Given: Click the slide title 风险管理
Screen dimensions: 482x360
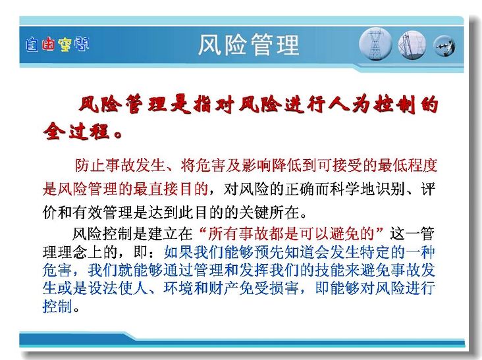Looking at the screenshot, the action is tap(248, 45).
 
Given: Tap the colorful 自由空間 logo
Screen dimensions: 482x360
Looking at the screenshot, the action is tap(57, 45).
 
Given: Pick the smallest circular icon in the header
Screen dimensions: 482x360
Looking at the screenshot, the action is tap(444, 46).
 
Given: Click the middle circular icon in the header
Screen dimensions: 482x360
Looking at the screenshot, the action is tap(412, 45).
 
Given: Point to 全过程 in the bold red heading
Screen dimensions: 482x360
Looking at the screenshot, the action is tap(76, 132).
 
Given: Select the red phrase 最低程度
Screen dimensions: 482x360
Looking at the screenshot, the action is tap(407, 166).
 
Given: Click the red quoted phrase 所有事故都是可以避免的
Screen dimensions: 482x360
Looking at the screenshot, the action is tap(290, 234).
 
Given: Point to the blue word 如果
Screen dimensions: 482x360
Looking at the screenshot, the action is tap(178, 253).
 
